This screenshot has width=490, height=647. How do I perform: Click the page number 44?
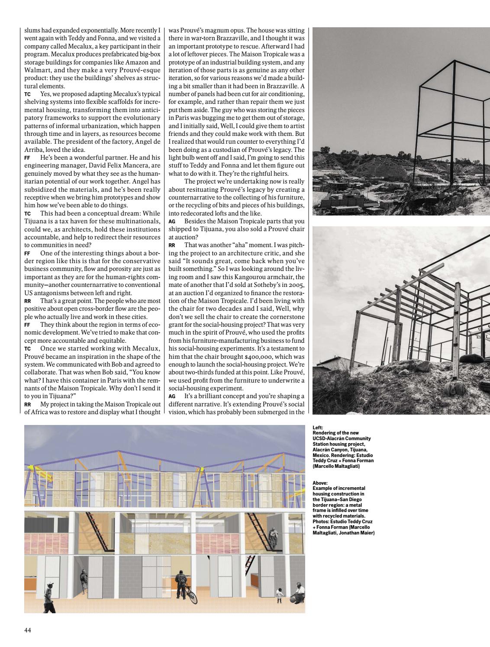[x=27, y=630]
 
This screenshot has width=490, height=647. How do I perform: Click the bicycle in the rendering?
[x=190, y=595]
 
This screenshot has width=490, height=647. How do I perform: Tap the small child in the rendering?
[x=280, y=595]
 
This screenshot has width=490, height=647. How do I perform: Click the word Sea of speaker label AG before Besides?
[x=171, y=221]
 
